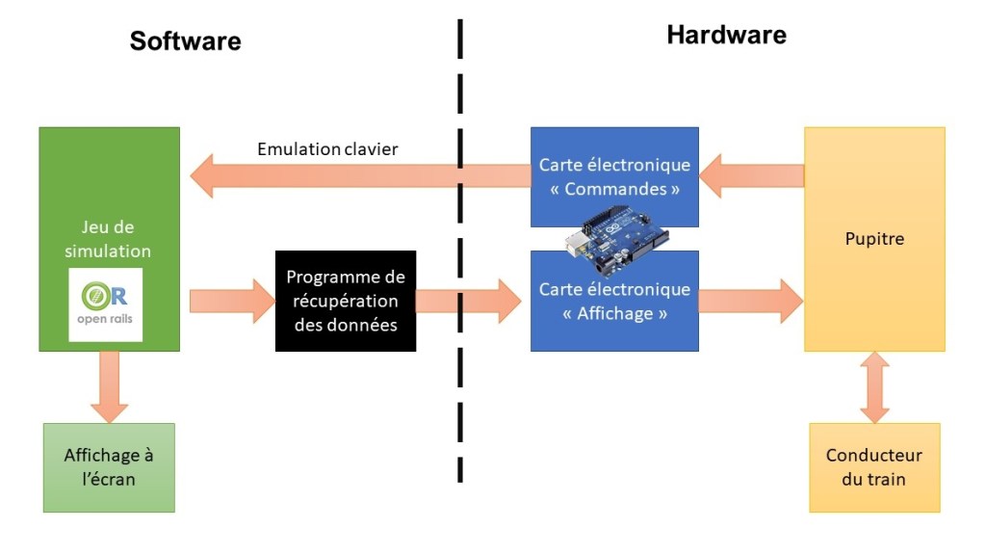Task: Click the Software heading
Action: click(x=185, y=40)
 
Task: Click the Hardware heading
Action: click(x=726, y=36)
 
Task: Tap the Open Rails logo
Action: click(x=106, y=305)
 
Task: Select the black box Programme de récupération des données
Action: click(x=346, y=301)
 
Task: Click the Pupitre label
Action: click(x=873, y=238)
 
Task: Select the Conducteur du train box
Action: click(x=873, y=467)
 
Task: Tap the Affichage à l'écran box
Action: click(x=109, y=467)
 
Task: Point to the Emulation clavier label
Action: click(x=327, y=149)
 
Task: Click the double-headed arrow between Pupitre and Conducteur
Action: click(x=874, y=387)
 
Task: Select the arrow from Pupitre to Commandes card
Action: click(x=752, y=175)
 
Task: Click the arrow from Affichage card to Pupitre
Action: click(x=751, y=301)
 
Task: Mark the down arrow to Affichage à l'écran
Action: click(x=109, y=385)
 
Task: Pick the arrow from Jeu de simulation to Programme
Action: click(x=232, y=301)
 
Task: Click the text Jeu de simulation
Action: click(x=108, y=239)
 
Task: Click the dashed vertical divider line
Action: click(x=460, y=251)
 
